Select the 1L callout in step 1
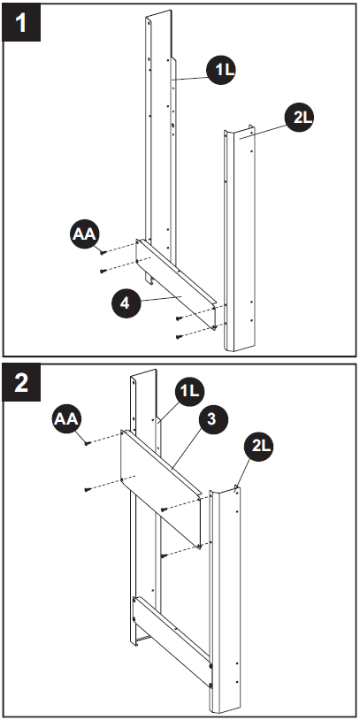point(222,70)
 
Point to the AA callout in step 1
point(86,234)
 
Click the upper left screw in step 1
point(103,253)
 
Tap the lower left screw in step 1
point(103,271)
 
